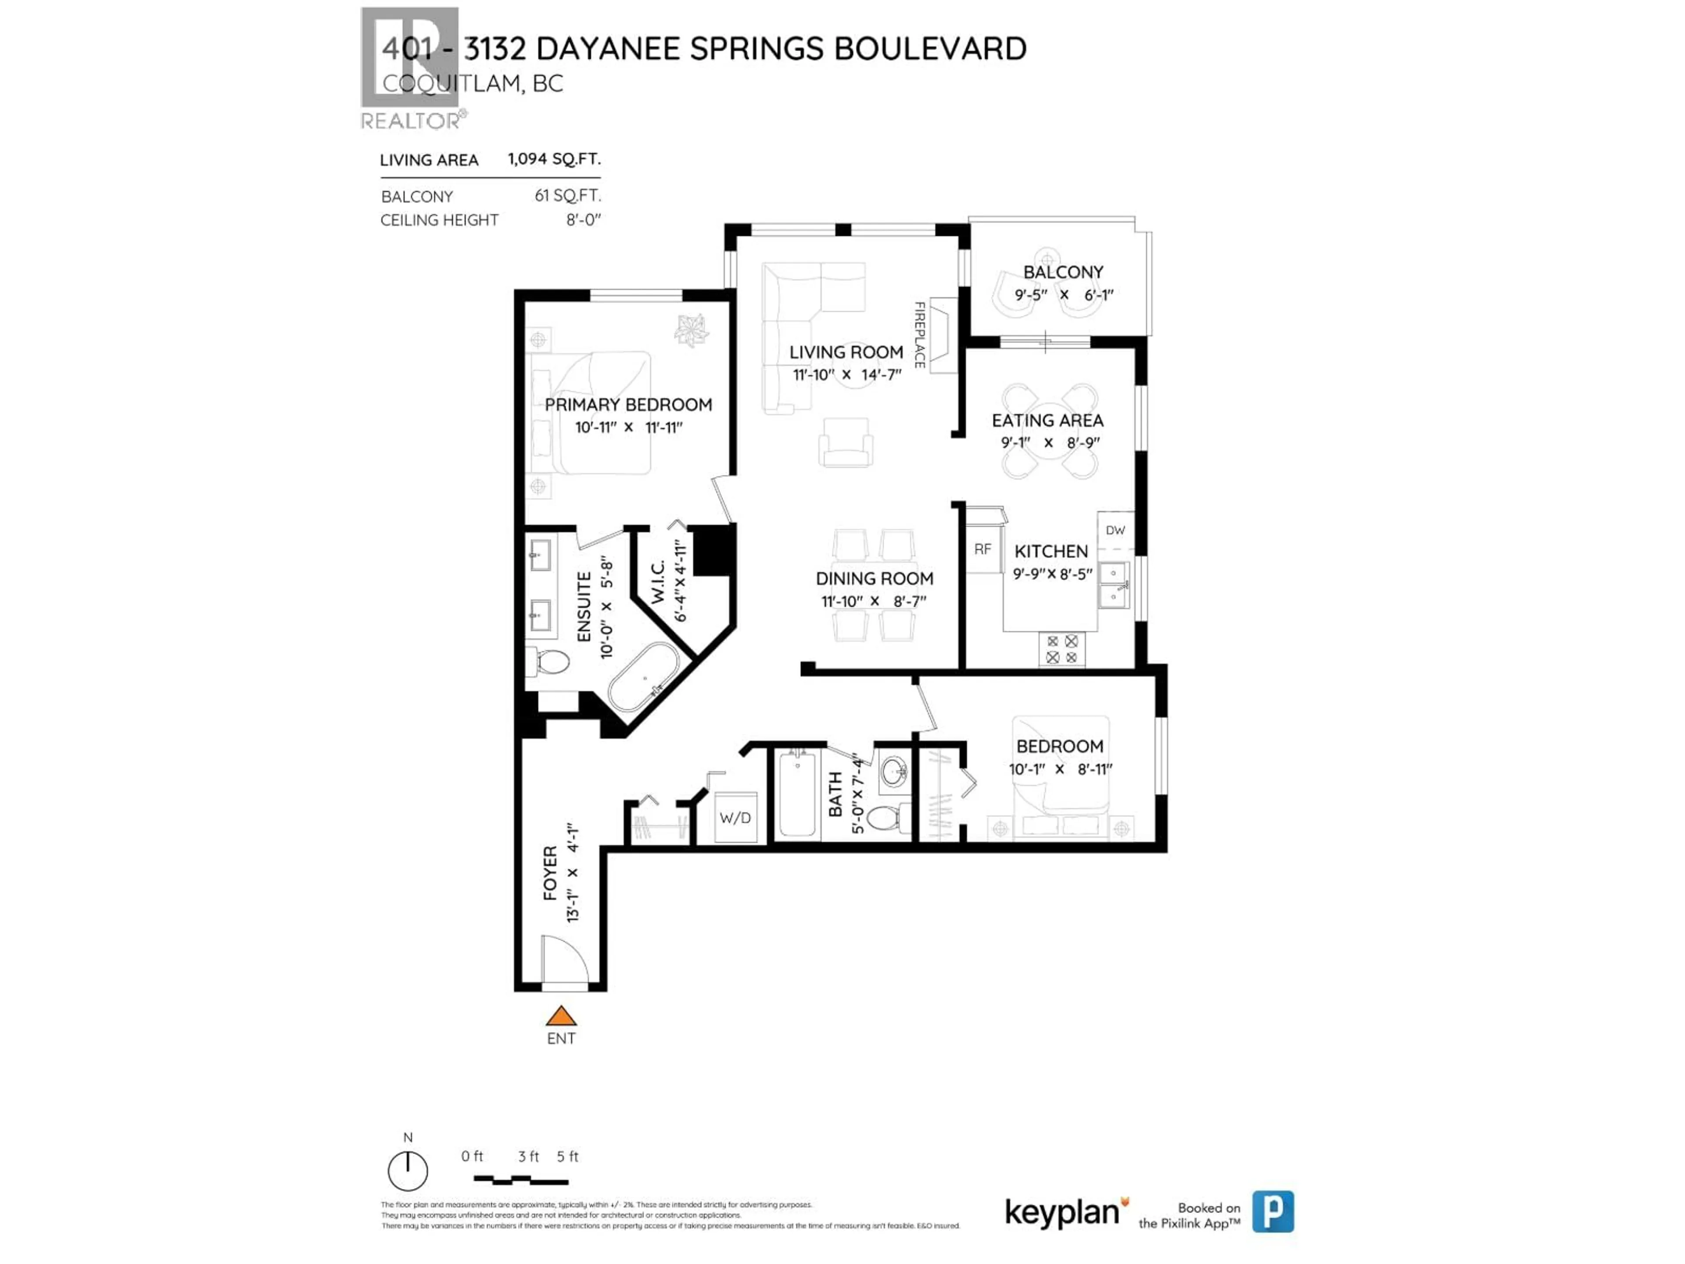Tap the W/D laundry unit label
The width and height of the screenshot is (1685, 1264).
tap(735, 818)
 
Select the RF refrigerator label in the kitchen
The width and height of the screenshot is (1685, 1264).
tap(982, 549)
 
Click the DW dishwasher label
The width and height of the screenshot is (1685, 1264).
tap(1115, 530)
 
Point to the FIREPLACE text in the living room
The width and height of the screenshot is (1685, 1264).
tap(919, 335)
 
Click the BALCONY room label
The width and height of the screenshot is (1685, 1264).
tap(1063, 272)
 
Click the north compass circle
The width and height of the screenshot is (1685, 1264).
tap(408, 1171)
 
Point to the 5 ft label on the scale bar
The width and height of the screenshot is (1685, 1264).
tap(567, 1156)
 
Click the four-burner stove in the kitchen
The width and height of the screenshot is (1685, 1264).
tap(1062, 649)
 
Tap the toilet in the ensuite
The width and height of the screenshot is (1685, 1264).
tap(552, 661)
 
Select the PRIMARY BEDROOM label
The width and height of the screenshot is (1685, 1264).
tap(628, 405)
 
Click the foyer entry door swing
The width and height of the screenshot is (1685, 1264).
tap(564, 962)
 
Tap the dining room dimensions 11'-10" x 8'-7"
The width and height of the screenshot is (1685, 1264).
tap(874, 602)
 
